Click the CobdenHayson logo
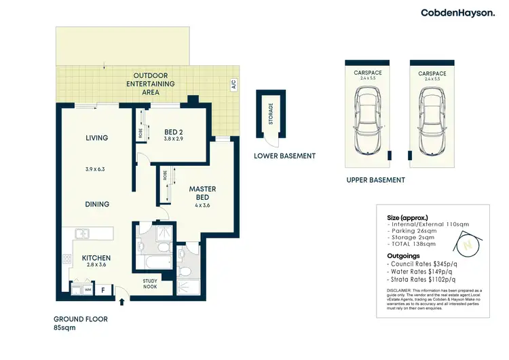[458, 12]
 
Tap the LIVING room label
[97, 138]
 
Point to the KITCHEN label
[96, 258]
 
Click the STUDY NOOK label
[150, 283]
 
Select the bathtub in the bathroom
[153, 261]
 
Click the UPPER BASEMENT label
[375, 180]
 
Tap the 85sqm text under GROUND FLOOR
[66, 327]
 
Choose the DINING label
[98, 204]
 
